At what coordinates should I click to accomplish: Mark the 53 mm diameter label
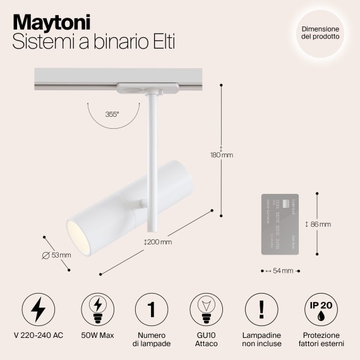56,255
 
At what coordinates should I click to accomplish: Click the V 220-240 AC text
39,335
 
